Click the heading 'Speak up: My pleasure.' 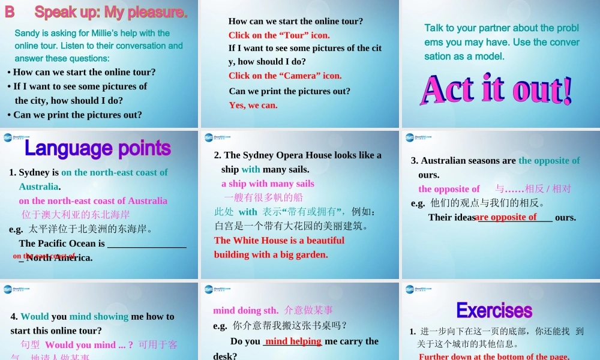coord(111,12)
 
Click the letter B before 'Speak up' coord(10,12)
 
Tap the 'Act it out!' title coord(497,89)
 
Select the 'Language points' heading coord(98,148)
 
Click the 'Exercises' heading coord(494,310)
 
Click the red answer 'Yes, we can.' coord(253,105)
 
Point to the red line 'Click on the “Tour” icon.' coord(279,35)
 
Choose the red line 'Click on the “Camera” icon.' coord(285,76)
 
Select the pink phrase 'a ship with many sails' coord(268,184)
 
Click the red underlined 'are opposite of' coord(506,217)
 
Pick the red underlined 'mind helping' coord(293,341)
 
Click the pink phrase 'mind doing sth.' coord(246,310)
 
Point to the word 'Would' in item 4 coord(35,316)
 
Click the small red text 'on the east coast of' coord(44,256)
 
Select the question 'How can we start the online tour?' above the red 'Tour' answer coord(296,21)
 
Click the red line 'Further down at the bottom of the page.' coord(494,356)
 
